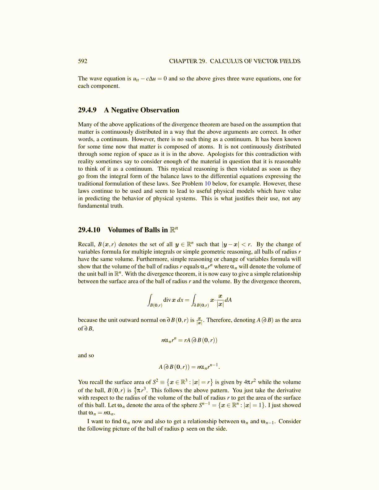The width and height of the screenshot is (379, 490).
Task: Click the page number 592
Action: (x=83, y=61)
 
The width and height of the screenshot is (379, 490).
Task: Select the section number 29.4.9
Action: (x=87, y=110)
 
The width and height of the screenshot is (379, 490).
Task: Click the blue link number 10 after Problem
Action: (x=208, y=184)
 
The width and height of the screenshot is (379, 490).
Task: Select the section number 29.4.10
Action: (x=89, y=230)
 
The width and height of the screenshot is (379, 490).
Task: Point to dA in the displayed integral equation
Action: (x=228, y=300)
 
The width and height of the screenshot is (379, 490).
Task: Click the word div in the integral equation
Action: (x=167, y=300)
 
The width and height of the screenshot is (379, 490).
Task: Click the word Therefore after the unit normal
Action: (x=219, y=320)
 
